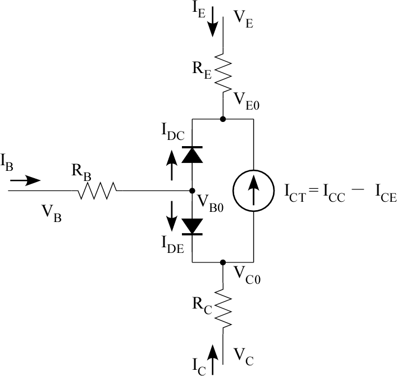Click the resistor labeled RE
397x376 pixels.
223,73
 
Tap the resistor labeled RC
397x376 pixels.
223,308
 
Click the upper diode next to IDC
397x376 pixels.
192,155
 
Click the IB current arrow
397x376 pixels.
25,180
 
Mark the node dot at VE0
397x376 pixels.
223,119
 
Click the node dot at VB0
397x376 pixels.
192,191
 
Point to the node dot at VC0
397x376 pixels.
223,262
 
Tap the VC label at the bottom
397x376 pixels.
243,355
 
